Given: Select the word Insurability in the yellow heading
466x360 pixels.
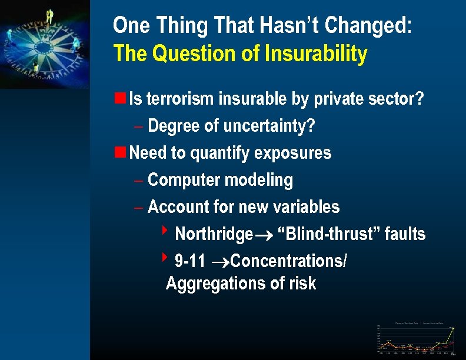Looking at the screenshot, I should pos(316,54).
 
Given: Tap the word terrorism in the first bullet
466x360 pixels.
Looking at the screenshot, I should pos(180,99).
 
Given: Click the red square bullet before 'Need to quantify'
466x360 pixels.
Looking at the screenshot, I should pos(119,152).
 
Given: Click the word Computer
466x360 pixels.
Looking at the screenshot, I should pos(182,181).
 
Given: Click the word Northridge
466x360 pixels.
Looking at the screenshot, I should pos(214,234).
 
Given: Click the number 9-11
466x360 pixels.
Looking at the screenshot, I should pos(190,261).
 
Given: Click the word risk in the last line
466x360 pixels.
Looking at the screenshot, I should pos(302,284).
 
